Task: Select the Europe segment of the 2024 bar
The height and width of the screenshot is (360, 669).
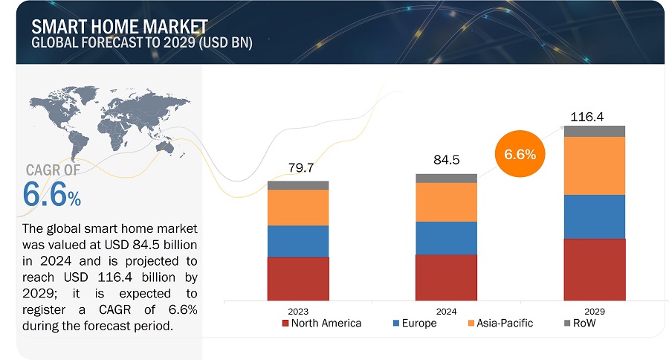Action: pos(446,238)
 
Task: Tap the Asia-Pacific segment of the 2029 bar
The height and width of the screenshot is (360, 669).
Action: pos(595,166)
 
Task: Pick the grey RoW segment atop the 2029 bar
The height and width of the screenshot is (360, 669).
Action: pos(595,131)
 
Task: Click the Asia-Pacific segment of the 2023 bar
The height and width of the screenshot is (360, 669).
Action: pos(298,208)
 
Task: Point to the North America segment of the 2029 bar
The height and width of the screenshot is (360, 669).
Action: pos(595,269)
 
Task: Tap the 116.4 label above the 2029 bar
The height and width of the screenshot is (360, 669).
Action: pos(587,117)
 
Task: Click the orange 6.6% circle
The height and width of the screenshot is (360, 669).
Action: pos(520,155)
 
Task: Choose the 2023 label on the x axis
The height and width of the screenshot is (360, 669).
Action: pos(298,310)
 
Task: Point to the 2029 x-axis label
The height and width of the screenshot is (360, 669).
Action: pos(595,310)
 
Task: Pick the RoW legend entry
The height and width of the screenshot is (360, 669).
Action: pos(581,324)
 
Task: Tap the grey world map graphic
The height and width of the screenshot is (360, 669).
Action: pos(97,123)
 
